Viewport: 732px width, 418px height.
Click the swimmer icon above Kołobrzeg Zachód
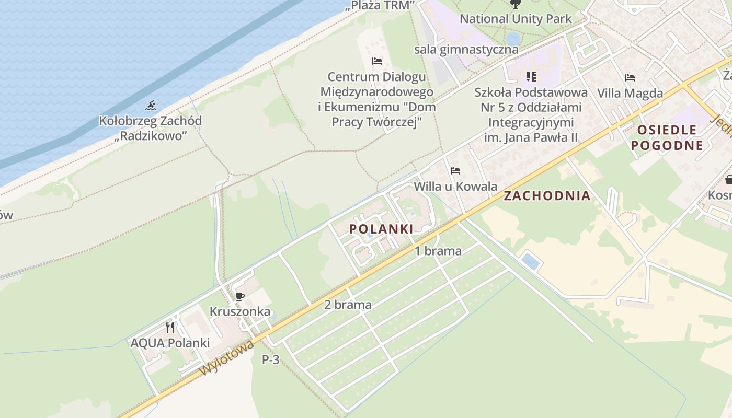(x=151, y=106)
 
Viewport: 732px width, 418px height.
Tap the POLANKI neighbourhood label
(x=381, y=229)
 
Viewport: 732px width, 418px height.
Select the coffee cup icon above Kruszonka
(x=240, y=297)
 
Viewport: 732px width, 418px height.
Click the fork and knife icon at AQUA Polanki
(x=170, y=328)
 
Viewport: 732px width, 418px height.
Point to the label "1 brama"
(x=438, y=251)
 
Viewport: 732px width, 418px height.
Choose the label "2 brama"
(x=348, y=305)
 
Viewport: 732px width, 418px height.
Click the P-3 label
(x=270, y=359)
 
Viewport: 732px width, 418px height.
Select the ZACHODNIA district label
(x=547, y=196)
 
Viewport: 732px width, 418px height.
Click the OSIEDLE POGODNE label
(x=667, y=137)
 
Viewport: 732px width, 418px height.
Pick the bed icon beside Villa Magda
(x=630, y=78)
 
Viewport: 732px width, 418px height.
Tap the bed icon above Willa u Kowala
(x=455, y=170)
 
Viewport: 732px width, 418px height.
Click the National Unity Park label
(x=516, y=19)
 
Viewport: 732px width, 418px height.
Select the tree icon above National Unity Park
(x=515, y=4)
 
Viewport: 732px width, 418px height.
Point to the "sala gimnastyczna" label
(x=466, y=50)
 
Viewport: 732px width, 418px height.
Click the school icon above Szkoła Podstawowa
(x=531, y=77)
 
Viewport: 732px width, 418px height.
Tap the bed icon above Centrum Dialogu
(x=377, y=61)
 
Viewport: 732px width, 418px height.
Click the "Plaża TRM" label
(x=380, y=5)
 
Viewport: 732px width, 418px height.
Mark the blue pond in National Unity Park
(x=513, y=39)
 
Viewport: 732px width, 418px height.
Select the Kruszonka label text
(x=240, y=312)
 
